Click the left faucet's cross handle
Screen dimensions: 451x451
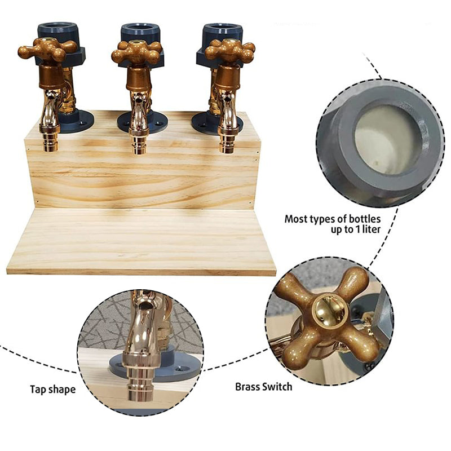[47, 52]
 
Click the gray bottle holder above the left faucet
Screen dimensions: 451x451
[57, 31]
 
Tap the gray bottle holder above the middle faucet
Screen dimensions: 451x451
[140, 32]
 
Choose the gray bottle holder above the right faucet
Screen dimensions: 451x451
[222, 32]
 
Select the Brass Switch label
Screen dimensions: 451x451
[264, 387]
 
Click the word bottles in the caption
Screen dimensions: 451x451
[361, 218]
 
